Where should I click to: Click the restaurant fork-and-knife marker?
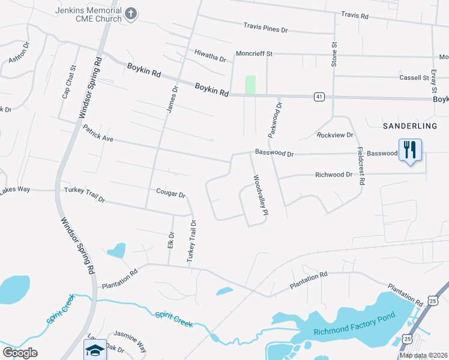pyautogui.click(x=411, y=149)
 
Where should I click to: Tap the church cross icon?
pyautogui.click(x=131, y=13)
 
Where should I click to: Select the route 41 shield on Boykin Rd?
pyautogui.click(x=319, y=96)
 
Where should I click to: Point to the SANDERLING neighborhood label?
pyautogui.click(x=411, y=125)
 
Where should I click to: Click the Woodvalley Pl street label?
pyautogui.click(x=260, y=195)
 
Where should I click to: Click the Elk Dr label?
pyautogui.click(x=171, y=241)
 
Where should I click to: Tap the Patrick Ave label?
pyautogui.click(x=98, y=133)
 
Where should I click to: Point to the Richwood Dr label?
pyautogui.click(x=333, y=175)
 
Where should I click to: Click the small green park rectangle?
pyautogui.click(x=250, y=85)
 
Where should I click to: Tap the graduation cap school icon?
pyautogui.click(x=92, y=351)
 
